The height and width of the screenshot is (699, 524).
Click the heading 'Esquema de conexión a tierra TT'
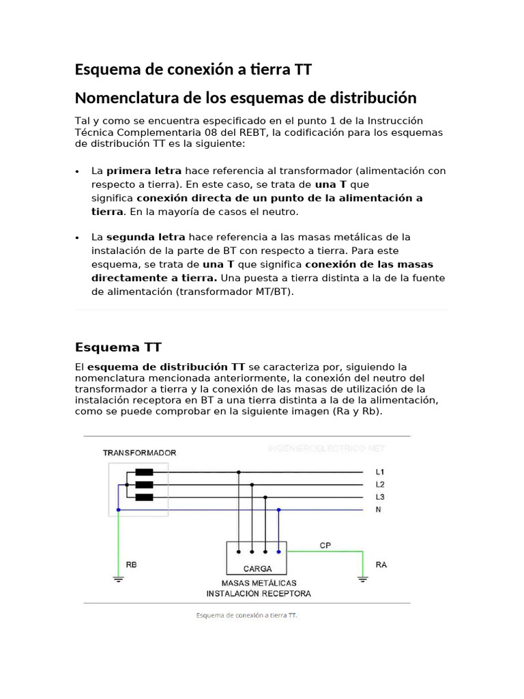[194, 70]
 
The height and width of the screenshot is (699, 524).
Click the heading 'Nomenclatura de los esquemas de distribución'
[245, 98]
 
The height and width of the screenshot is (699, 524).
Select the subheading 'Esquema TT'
[118, 347]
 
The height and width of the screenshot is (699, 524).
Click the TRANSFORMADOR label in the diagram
[139, 453]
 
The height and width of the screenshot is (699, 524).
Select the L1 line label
[380, 472]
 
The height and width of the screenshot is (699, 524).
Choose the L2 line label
[380, 484]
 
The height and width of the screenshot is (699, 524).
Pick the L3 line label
[380, 497]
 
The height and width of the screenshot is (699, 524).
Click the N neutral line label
[379, 509]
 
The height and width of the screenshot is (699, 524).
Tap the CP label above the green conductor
[325, 545]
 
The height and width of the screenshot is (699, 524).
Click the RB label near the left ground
[131, 565]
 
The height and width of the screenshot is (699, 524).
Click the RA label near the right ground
[381, 565]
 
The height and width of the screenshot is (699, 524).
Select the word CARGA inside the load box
[257, 568]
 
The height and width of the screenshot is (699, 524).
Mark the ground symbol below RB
[118, 580]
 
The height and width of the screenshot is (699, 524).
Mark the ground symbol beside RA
[363, 580]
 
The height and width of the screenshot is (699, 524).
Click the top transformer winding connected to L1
[144, 472]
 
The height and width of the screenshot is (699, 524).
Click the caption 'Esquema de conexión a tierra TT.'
[247, 615]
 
